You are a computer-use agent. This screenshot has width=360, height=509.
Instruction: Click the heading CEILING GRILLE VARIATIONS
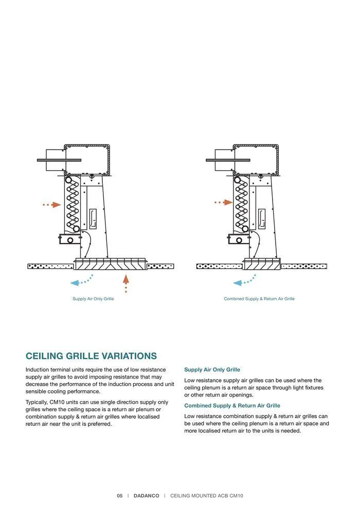pyautogui.click(x=91, y=356)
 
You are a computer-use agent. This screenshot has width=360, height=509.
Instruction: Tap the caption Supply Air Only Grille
pyautogui.click(x=93, y=299)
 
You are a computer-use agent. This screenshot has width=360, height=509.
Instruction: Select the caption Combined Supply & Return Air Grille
pyautogui.click(x=259, y=299)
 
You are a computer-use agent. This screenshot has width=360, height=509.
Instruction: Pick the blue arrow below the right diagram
pyautogui.click(x=244, y=281)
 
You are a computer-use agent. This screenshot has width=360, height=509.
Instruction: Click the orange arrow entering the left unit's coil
pyautogui.click(x=52, y=205)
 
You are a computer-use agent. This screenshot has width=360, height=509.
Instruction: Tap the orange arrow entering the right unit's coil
pyautogui.click(x=224, y=203)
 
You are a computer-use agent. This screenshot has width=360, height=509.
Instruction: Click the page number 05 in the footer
pyautogui.click(x=119, y=496)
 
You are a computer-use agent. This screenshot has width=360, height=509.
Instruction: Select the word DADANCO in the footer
pyautogui.click(x=146, y=496)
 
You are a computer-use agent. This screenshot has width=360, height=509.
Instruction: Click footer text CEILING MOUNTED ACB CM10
pyautogui.click(x=206, y=496)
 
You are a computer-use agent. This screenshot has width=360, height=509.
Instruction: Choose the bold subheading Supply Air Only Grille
pyautogui.click(x=212, y=370)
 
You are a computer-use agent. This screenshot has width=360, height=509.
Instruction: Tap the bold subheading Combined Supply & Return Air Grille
pyautogui.click(x=232, y=406)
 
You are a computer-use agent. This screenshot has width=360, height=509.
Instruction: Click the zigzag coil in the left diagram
pyautogui.click(x=73, y=205)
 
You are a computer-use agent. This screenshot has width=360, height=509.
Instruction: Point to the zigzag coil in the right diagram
pyautogui.click(x=241, y=205)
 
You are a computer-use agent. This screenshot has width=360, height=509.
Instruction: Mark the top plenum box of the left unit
pyautogui.click(x=87, y=159)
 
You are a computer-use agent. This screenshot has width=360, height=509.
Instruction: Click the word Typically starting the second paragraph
pyautogui.click(x=37, y=402)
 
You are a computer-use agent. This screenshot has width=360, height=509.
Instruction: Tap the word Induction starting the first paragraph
pyautogui.click(x=38, y=370)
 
